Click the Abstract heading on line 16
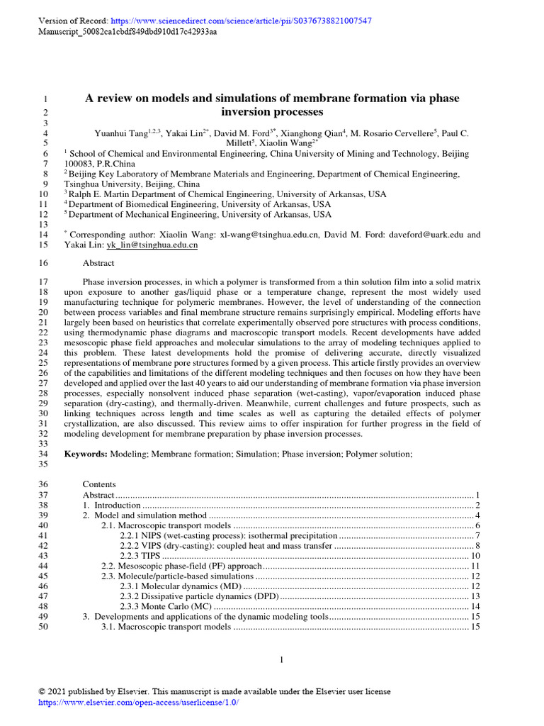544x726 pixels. coord(98,262)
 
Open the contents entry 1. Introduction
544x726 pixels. coord(111,505)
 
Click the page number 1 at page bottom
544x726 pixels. coord(281,661)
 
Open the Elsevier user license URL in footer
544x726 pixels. coord(138,703)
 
